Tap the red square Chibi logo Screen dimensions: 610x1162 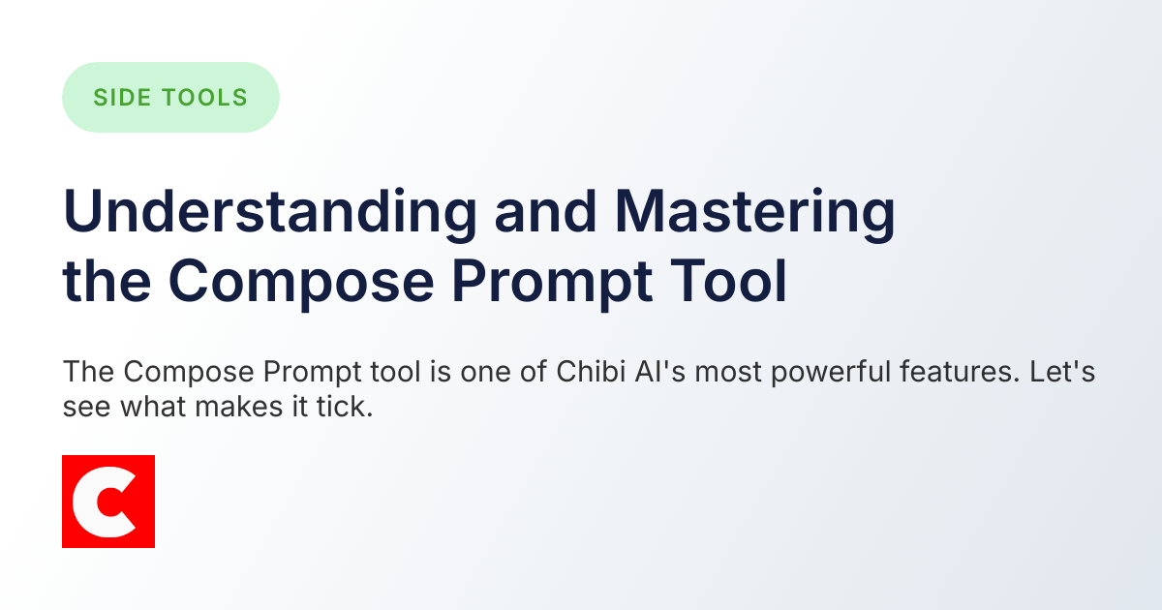pos(108,502)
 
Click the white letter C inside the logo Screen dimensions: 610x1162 pos(101,502)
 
